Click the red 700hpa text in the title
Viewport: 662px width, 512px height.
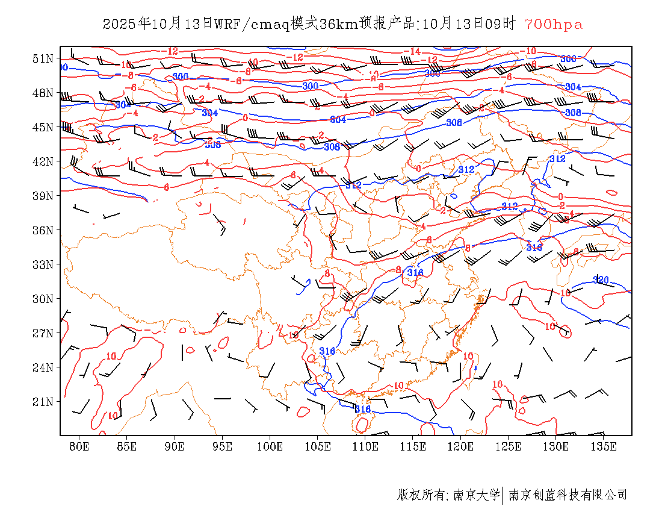553,24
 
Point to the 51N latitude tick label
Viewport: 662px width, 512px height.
43,58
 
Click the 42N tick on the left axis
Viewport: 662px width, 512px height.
43,161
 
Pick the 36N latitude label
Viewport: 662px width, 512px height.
43,230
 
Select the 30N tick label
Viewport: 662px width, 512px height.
43,299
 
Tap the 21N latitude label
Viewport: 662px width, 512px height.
43,402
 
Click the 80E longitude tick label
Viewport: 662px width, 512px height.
79,446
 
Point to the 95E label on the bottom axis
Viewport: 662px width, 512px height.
223,446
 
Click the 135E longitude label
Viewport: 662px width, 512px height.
604,446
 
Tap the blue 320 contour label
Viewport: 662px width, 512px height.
601,279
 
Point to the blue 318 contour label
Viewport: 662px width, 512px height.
534,247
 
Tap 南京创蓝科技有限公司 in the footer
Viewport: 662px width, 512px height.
568,495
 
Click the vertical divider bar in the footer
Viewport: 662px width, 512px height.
502,495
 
